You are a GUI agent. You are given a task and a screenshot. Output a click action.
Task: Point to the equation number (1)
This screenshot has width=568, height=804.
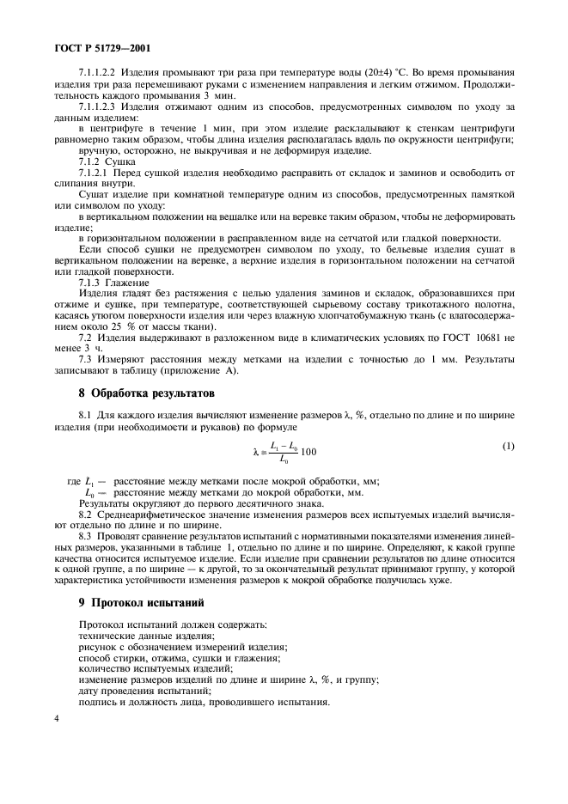tap(507, 446)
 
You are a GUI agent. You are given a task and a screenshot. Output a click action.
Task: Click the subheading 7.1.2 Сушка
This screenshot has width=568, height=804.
tap(107, 160)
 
